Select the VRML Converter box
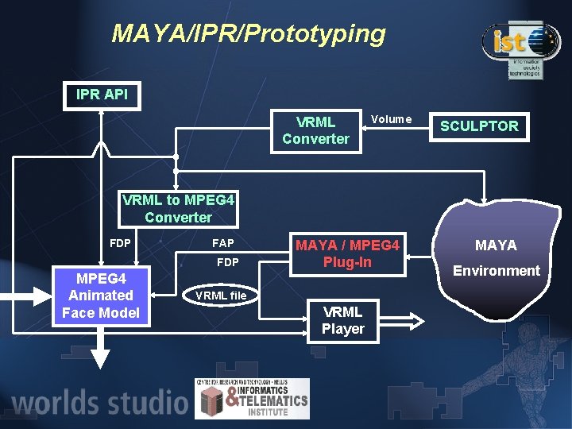(315, 130)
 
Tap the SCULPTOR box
(479, 126)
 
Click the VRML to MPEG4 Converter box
(178, 208)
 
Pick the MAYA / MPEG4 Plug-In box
(347, 253)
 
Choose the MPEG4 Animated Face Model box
(101, 296)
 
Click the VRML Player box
(342, 319)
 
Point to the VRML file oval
(221, 296)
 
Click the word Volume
(391, 119)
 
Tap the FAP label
(222, 243)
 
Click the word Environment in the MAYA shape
(496, 270)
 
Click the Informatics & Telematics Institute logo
(252, 398)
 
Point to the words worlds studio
(99, 401)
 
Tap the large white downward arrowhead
(99, 357)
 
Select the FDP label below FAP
(227, 262)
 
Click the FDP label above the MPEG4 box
(120, 243)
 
